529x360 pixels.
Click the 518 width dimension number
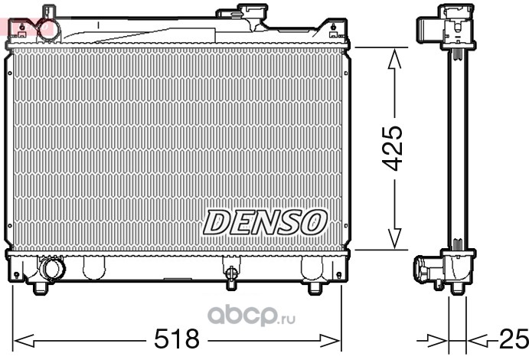176,339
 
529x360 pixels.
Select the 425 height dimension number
393,148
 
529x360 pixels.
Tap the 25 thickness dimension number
514,339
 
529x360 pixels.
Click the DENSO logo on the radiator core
265,222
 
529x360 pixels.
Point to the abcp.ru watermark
251,315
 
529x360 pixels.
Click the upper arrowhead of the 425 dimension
394,60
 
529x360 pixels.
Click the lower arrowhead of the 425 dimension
394,238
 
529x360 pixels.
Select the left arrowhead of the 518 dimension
24,340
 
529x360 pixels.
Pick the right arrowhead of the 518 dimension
330,340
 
